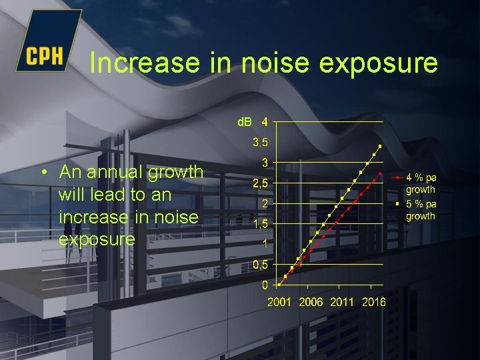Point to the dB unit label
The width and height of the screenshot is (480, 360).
point(245,122)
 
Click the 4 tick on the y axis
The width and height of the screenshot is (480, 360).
point(265,122)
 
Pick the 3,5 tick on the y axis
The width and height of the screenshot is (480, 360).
point(260,142)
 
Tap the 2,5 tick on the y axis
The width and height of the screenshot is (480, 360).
point(260,183)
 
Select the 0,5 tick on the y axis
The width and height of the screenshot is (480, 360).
point(260,265)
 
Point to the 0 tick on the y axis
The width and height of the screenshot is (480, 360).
point(265,285)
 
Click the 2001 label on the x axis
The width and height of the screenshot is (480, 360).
point(279,302)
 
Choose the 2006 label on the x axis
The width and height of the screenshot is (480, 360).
point(311,302)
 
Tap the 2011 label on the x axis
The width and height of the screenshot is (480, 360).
point(342,302)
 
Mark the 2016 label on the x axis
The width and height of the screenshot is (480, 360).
point(374,302)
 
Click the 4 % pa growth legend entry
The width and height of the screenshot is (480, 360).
point(421,183)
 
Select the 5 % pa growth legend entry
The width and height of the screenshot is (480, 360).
point(421,209)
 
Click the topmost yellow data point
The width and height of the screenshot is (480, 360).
point(380,146)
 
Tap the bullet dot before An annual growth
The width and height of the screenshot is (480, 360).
point(43,173)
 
